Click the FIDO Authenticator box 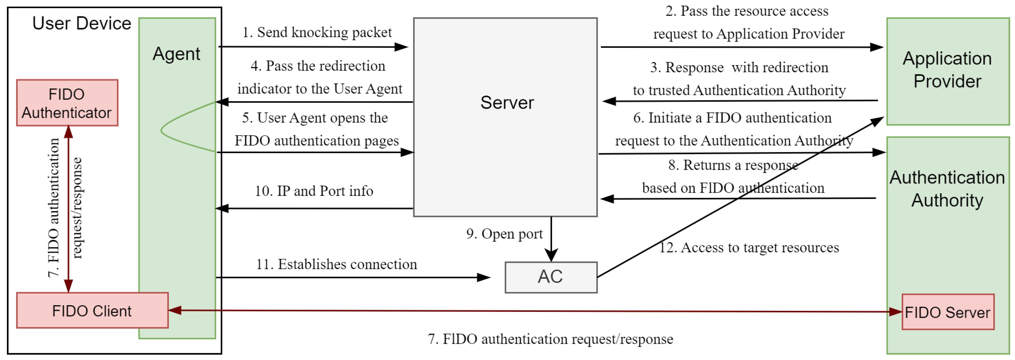[x=67, y=103]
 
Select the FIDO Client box [x=92, y=311]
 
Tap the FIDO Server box [x=948, y=312]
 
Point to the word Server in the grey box [x=507, y=103]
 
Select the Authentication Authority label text [x=947, y=189]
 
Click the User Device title [x=81, y=23]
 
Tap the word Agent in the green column [x=176, y=54]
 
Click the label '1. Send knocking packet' [x=317, y=32]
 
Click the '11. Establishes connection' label [x=336, y=264]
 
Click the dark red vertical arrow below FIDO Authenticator [x=68, y=209]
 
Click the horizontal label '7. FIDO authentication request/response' [x=550, y=339]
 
